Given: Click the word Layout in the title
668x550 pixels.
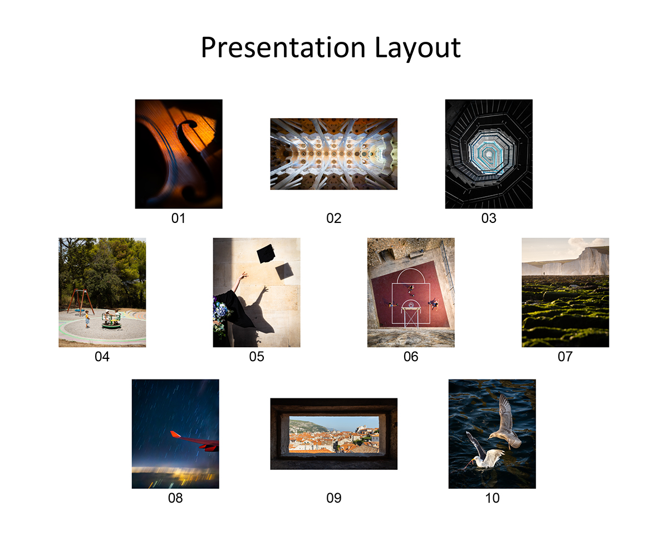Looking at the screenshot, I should click(417, 47).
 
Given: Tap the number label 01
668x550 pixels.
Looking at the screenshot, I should click(178, 218).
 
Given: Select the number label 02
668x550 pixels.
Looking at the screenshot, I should click(333, 218).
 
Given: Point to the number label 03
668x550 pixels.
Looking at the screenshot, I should click(489, 218).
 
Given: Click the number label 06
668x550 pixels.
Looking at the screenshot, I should click(411, 357).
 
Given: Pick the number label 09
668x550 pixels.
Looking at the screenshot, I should click(333, 498).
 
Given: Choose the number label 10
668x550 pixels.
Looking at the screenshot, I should click(492, 498).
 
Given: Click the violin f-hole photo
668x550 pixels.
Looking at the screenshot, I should click(179, 154).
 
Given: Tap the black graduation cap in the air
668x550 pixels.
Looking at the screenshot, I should click(266, 254).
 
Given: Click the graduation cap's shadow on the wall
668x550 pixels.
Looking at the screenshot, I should click(284, 271).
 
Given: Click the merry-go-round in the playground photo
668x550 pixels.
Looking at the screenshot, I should click(111, 319).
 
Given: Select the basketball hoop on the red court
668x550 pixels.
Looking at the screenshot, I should click(411, 305).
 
